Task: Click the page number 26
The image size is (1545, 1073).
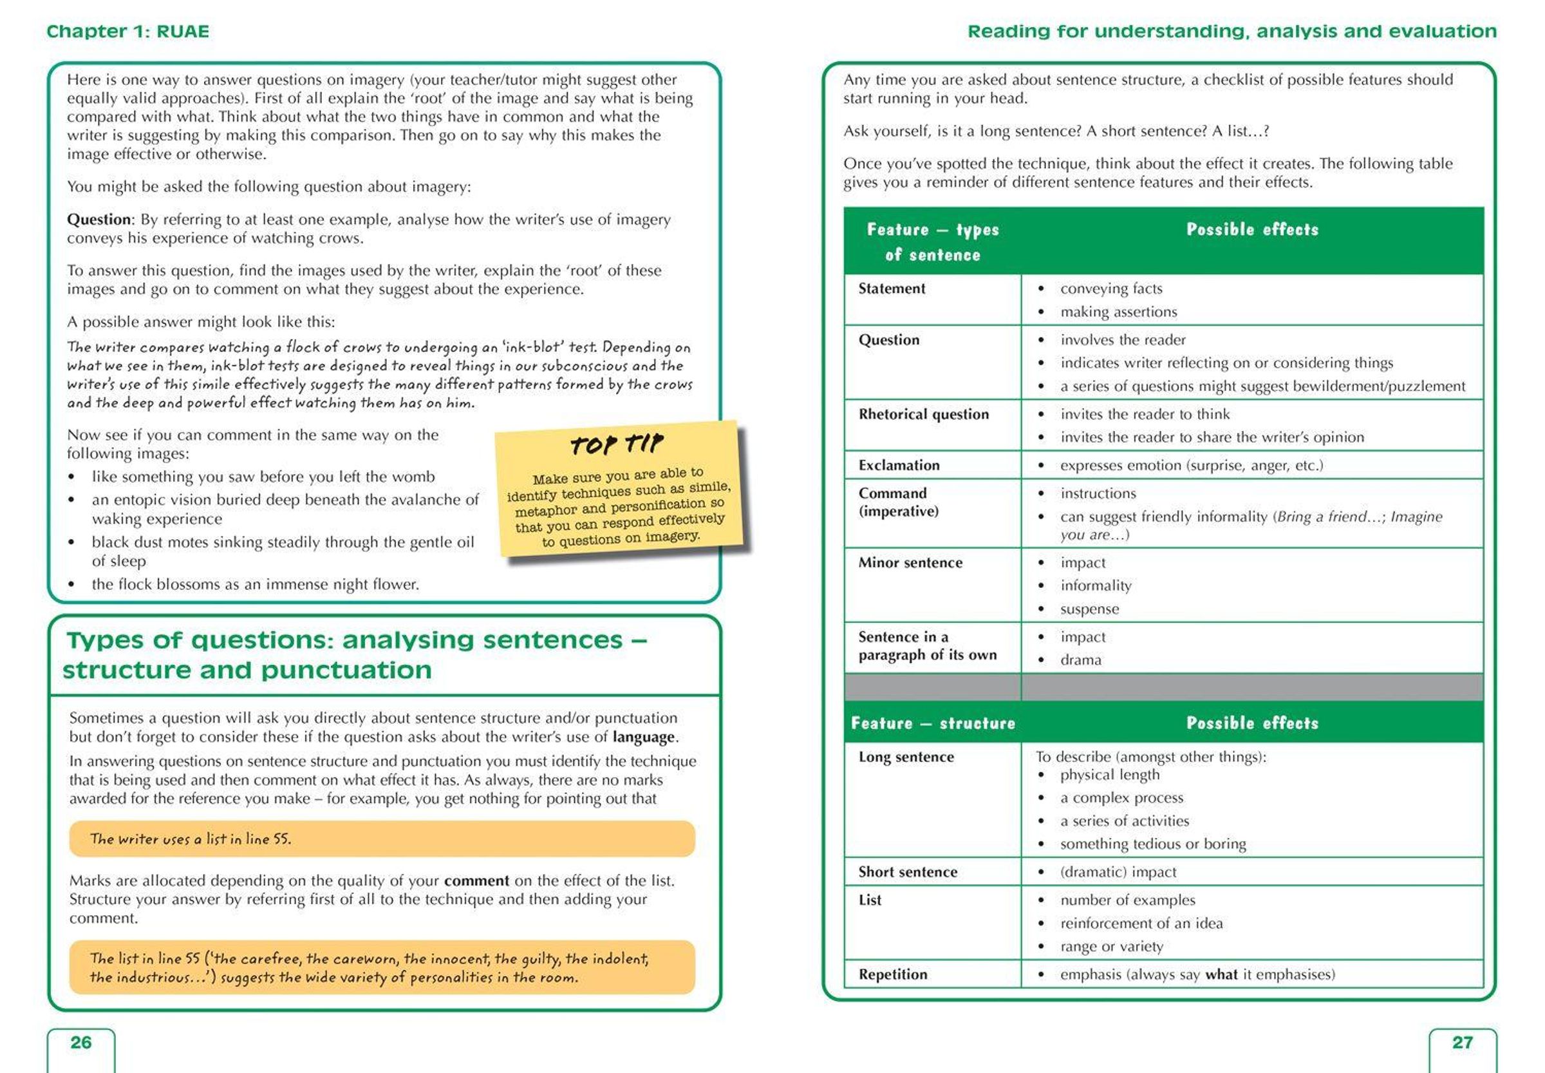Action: point(80,1042)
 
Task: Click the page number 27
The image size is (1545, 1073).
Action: point(1463,1042)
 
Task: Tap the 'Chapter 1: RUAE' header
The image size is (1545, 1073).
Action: point(127,32)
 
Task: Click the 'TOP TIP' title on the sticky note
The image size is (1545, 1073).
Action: point(616,444)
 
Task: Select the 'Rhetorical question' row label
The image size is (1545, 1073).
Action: point(923,414)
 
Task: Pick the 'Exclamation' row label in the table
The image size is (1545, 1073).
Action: point(899,465)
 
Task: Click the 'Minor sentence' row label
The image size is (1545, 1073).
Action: point(910,563)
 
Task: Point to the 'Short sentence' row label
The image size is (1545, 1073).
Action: point(907,872)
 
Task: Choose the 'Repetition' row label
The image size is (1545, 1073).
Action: point(892,974)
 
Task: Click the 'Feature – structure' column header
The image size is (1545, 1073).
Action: point(933,723)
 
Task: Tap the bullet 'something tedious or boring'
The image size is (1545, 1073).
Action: point(1152,844)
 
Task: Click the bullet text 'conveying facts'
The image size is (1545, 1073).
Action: point(1111,289)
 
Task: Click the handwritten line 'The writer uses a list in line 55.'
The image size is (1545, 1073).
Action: point(190,839)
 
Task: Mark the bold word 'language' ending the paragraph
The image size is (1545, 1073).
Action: point(643,737)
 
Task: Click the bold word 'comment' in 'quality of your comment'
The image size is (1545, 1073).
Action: point(476,880)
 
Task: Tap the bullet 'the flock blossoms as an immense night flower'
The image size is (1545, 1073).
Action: point(256,584)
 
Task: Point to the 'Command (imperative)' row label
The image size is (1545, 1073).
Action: point(898,502)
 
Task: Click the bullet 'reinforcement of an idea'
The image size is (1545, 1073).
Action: point(1141,923)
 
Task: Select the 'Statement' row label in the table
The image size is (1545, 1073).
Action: point(891,289)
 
